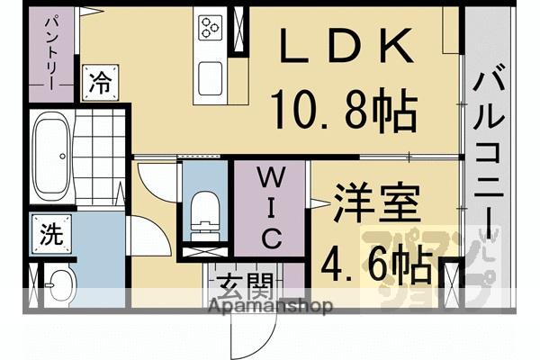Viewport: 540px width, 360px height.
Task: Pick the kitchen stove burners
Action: [x=211, y=27]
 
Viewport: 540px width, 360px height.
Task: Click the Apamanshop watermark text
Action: [x=269, y=306]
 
